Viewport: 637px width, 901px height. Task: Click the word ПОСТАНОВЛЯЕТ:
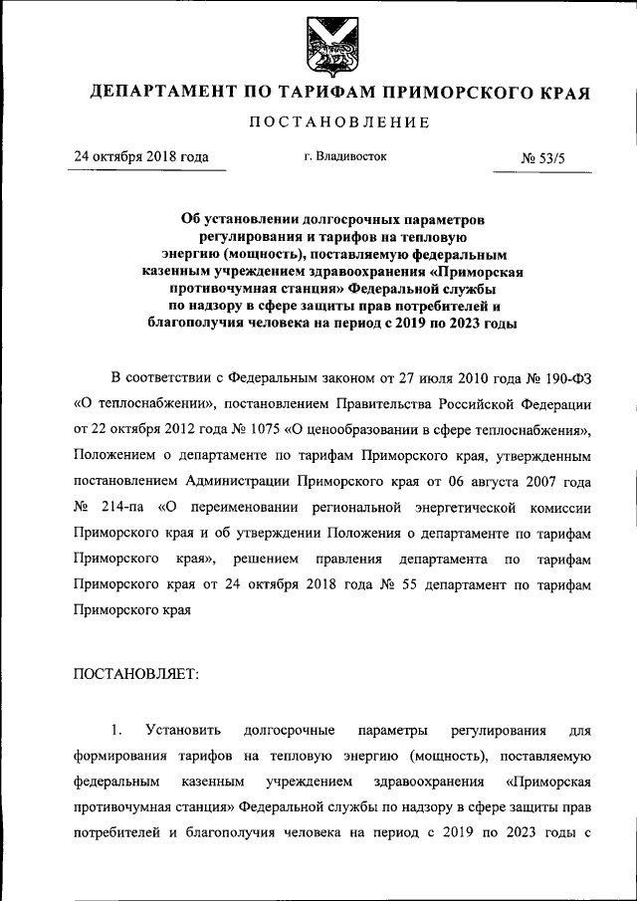point(136,674)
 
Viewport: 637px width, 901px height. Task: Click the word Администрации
point(231,482)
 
